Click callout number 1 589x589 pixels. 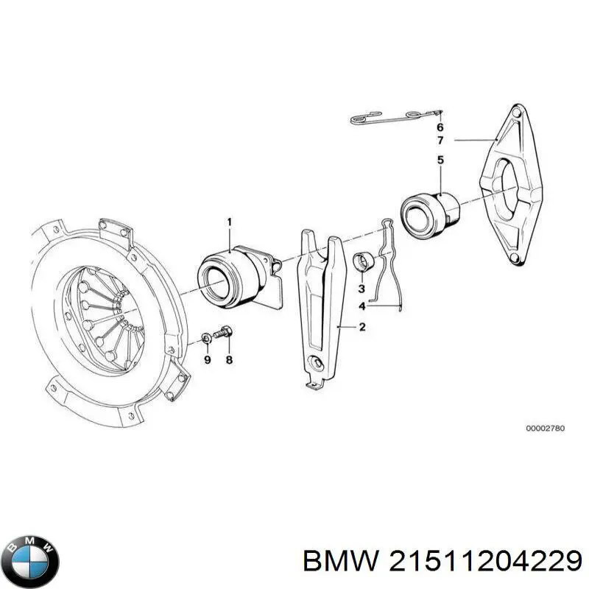click(229, 222)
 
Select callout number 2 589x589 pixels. click(361, 328)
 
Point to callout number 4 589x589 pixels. click(361, 306)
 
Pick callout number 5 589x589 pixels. click(440, 160)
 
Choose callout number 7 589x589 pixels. click(440, 140)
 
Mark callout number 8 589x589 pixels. click(228, 360)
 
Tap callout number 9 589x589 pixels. click(207, 360)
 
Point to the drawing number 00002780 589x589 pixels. click(546, 428)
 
